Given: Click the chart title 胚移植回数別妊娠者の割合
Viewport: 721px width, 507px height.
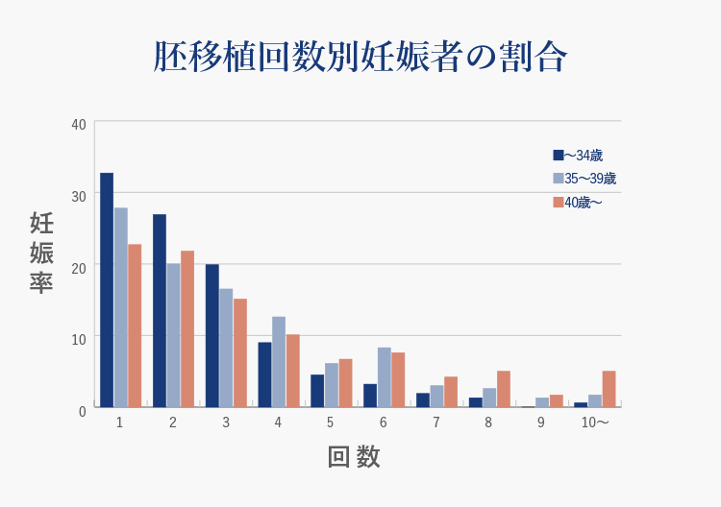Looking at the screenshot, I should (360, 57).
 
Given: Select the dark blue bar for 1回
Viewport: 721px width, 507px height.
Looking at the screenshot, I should (107, 290).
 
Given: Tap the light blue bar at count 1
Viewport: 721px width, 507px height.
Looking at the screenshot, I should (121, 307).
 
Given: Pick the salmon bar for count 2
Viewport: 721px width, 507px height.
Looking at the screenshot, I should (187, 329).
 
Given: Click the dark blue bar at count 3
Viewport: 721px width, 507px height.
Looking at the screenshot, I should (211, 336).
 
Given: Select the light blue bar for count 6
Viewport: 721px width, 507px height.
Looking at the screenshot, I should (384, 377).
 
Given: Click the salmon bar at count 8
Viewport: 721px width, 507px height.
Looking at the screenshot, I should (503, 389).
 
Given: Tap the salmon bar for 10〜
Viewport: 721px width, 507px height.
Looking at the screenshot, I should (609, 389).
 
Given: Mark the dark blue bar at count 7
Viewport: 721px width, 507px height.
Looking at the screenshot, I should (423, 400).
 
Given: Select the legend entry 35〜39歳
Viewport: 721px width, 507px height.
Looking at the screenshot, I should (584, 179).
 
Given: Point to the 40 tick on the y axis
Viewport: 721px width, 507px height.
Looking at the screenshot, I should (79, 124).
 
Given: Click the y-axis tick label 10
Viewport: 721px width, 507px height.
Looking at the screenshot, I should (79, 338).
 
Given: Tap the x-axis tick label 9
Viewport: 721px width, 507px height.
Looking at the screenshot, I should (541, 422).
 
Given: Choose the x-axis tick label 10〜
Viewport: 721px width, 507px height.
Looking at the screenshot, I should (595, 422).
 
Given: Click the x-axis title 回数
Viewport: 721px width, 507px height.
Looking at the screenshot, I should (355, 457).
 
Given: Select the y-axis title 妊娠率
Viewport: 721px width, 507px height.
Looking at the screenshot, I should (40, 253).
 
